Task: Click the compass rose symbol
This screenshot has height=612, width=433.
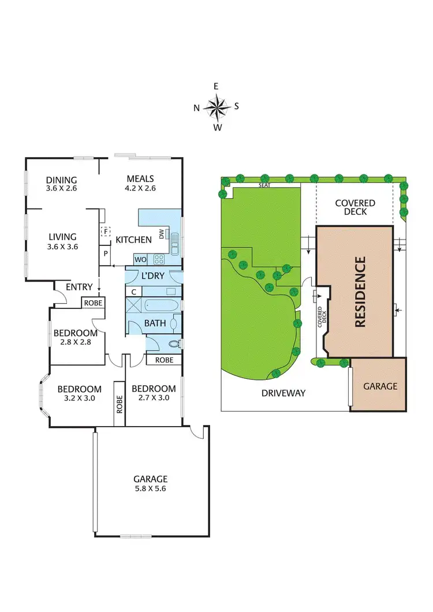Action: click(x=216, y=106)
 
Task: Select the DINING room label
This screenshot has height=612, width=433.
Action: click(x=61, y=184)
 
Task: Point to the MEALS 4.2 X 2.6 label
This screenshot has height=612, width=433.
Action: click(x=140, y=184)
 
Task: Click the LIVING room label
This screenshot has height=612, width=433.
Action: click(x=62, y=241)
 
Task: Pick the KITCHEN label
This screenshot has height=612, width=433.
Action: click(x=134, y=240)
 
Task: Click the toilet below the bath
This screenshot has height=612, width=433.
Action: click(x=173, y=344)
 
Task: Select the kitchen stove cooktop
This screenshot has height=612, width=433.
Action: click(x=159, y=259)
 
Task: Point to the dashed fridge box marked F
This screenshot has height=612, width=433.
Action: click(x=106, y=231)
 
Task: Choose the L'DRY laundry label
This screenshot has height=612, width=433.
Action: click(x=153, y=276)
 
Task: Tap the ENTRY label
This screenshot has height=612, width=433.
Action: click(x=79, y=287)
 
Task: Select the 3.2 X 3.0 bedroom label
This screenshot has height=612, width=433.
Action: click(x=80, y=394)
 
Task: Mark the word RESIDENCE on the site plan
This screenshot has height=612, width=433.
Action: click(x=360, y=292)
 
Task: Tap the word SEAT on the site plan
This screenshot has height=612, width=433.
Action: click(x=265, y=185)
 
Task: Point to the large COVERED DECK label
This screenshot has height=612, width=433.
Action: click(x=355, y=207)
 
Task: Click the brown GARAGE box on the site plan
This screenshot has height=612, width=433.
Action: click(x=379, y=385)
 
